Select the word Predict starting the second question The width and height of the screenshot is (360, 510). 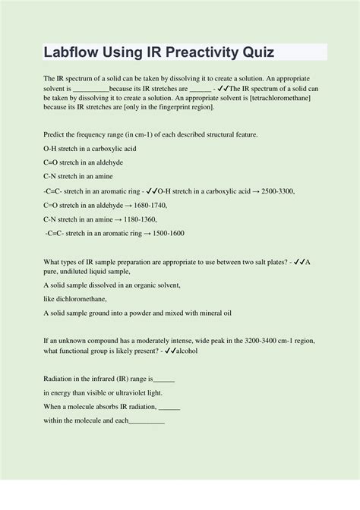(58, 134)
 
